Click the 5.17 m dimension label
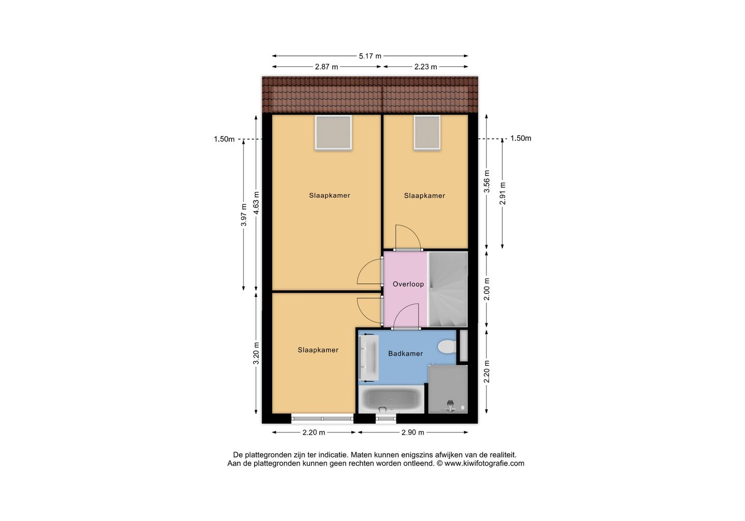tap(370, 56)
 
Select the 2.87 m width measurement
tap(326, 67)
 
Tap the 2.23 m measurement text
tap(425, 67)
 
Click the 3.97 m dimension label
tap(244, 215)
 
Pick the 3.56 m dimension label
tap(486, 181)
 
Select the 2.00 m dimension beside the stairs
tap(486, 289)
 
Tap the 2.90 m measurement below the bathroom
tap(412, 433)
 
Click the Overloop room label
tap(408, 284)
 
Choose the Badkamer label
tap(406, 354)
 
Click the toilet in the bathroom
tap(446, 347)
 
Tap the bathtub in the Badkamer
tap(391, 399)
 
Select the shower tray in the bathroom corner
tap(448, 389)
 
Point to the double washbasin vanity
tap(369, 358)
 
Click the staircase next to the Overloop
tap(448, 289)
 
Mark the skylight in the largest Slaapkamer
tap(333, 132)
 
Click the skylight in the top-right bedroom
tap(427, 132)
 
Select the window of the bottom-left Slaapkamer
tap(322, 419)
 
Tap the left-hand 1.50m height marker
tap(224, 139)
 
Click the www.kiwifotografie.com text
tap(484, 464)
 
